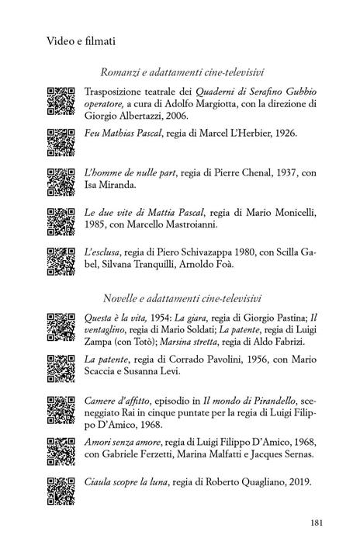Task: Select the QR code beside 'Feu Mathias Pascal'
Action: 61,140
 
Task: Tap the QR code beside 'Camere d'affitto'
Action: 61,408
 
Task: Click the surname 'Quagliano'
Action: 247,481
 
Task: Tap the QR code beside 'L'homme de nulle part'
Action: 61,180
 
